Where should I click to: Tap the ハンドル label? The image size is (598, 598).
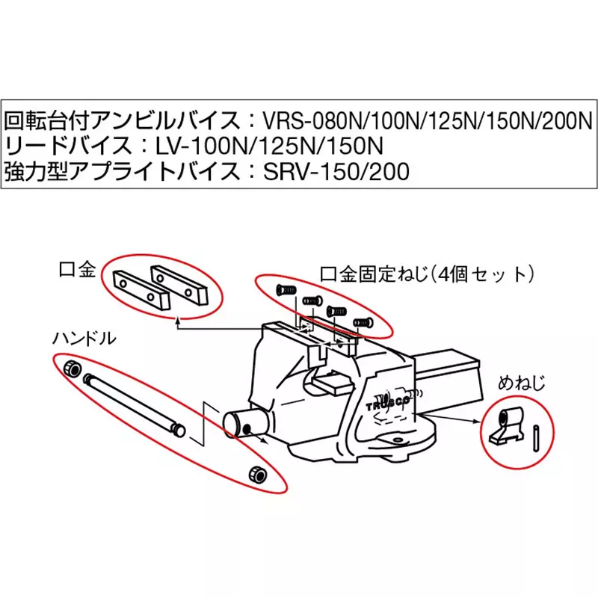tap(84, 338)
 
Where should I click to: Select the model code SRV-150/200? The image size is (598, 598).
tap(337, 172)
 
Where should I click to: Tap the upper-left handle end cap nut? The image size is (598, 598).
tap(73, 368)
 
